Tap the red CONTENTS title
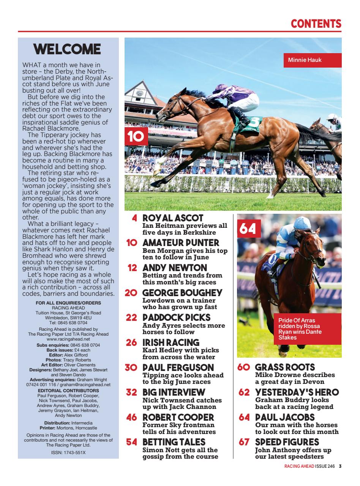[x=316, y=24]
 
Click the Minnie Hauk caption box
[x=312, y=60]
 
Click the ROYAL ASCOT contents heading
[x=173, y=218]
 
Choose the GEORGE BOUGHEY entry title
[x=182, y=293]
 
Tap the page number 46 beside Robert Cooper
[x=132, y=418]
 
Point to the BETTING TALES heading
[x=174, y=442]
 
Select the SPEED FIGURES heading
[x=287, y=442]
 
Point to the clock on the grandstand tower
[x=140, y=93]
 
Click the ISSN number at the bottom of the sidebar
[x=68, y=453]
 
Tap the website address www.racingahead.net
[x=68, y=339]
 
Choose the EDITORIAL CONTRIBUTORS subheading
[x=68, y=390]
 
